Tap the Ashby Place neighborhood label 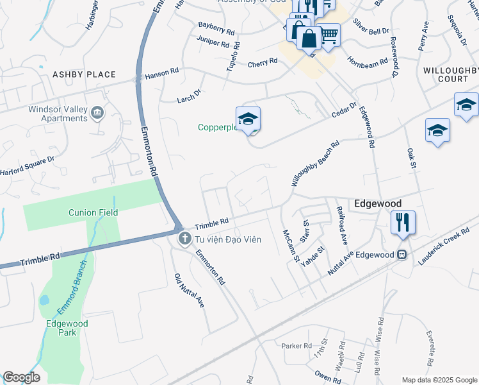(84, 74)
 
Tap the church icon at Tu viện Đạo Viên (184, 239)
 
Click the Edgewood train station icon (402, 255)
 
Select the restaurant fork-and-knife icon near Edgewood (403, 223)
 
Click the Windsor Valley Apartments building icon (97, 114)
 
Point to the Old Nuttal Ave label (189, 291)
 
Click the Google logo (21, 377)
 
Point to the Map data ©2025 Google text (439, 380)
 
